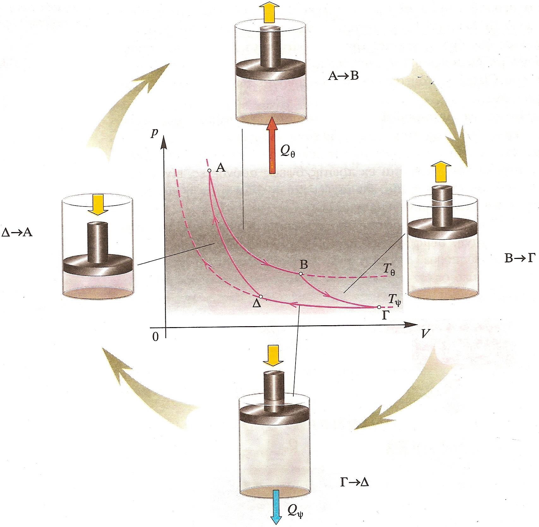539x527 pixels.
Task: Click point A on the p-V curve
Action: [x=209, y=171]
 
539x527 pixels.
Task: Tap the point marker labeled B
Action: [x=301, y=273]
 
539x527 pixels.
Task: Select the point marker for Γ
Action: [x=379, y=307]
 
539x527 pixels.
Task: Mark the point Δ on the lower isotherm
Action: [x=261, y=296]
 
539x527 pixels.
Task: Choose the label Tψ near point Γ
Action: [x=395, y=300]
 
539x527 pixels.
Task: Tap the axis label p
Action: [x=154, y=133]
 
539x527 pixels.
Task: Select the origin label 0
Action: [x=155, y=337]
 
